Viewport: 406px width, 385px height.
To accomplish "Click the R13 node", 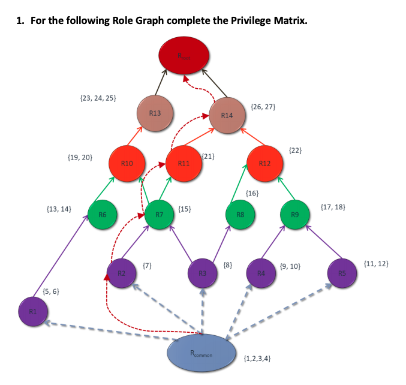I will tap(155, 113).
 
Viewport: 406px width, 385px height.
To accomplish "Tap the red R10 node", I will tap(127, 163).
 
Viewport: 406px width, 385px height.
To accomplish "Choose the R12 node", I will tap(264, 163).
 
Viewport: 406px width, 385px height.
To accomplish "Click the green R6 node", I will tap(102, 213).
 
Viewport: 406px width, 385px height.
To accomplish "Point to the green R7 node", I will tap(160, 213).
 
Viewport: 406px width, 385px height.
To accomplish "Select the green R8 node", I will tap(240, 213).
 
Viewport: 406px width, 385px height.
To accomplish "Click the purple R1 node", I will tap(32, 311).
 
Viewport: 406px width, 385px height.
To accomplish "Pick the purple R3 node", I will tap(203, 273).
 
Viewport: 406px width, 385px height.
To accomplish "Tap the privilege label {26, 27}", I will tap(264, 107).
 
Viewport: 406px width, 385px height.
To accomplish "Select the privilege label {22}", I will tap(294, 149).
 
